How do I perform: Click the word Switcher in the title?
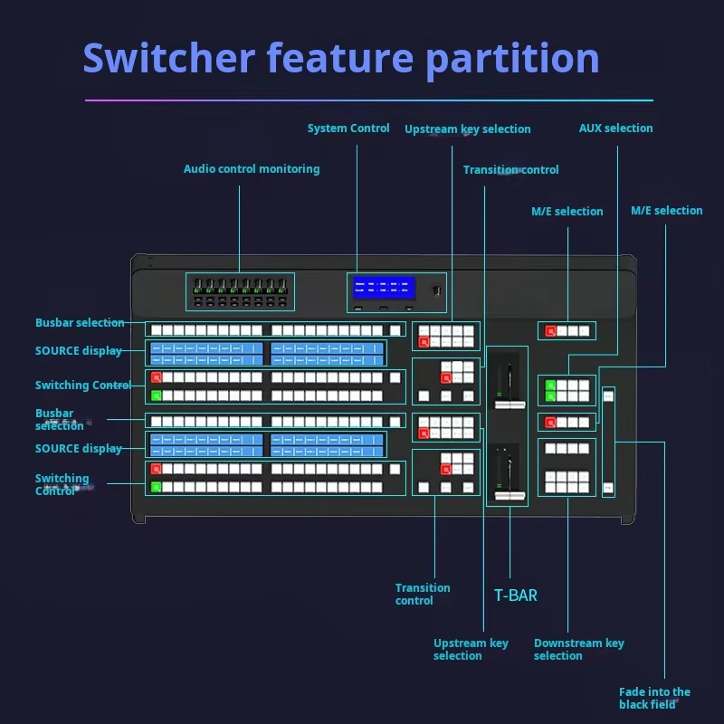tap(168, 58)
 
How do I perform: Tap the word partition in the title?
tap(512, 58)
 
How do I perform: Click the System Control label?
tap(348, 129)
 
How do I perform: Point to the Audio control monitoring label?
tap(252, 169)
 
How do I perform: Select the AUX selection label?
tap(615, 129)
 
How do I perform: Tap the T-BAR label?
tap(515, 595)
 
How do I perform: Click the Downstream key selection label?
tap(578, 650)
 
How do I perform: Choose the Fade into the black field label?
tap(654, 698)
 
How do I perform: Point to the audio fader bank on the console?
tap(240, 292)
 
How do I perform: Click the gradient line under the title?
tap(368, 100)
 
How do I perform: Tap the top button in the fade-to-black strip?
tap(608, 395)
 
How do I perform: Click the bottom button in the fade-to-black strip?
tap(608, 488)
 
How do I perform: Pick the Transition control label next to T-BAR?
tap(423, 594)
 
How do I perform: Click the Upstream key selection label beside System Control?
tap(467, 129)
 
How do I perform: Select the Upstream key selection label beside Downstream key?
tap(471, 650)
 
